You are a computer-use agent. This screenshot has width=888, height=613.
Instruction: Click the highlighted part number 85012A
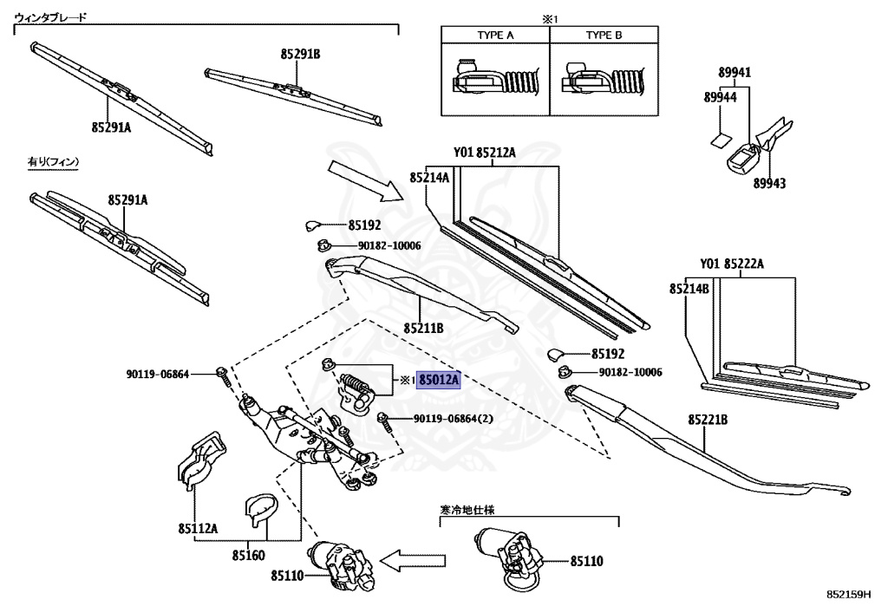tap(439, 380)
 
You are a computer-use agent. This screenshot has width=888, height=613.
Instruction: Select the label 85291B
tap(300, 55)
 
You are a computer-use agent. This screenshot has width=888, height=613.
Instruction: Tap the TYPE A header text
tap(495, 35)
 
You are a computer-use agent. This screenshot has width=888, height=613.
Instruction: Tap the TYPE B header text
tap(604, 35)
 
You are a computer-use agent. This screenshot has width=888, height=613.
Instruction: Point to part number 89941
tap(735, 73)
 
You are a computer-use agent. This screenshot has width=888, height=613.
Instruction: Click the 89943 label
tap(769, 184)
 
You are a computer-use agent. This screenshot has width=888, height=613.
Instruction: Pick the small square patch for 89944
tap(721, 140)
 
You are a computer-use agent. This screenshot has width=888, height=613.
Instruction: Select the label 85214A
tap(429, 178)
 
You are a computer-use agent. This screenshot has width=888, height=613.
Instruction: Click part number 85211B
tap(423, 329)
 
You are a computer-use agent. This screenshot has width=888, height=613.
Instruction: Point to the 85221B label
tap(708, 420)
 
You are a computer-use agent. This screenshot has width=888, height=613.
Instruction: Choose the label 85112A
tap(198, 529)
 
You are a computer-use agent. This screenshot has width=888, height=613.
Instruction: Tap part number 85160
tap(248, 555)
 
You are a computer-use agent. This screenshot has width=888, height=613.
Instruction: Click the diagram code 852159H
tap(848, 594)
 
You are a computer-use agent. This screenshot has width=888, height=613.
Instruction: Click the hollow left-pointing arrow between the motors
tap(412, 561)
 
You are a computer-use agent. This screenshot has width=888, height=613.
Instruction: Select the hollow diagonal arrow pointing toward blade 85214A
tap(365, 180)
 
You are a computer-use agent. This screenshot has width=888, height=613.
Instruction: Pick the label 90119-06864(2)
tap(453, 419)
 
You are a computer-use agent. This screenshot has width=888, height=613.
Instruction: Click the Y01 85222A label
tap(732, 264)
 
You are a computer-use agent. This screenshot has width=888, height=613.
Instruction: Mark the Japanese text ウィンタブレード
tap(50, 17)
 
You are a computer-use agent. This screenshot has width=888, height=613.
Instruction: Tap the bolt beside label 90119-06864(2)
tap(384, 422)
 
